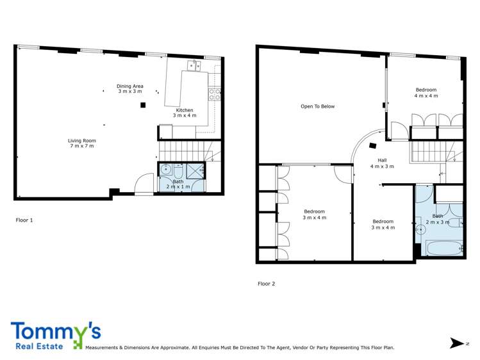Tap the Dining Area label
129,88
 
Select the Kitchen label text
185,113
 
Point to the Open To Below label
318,106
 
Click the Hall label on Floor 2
382,163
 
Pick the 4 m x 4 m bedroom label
426,92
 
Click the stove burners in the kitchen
214,94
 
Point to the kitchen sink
193,65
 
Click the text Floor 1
24,220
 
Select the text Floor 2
267,283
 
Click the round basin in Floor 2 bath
421,229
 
